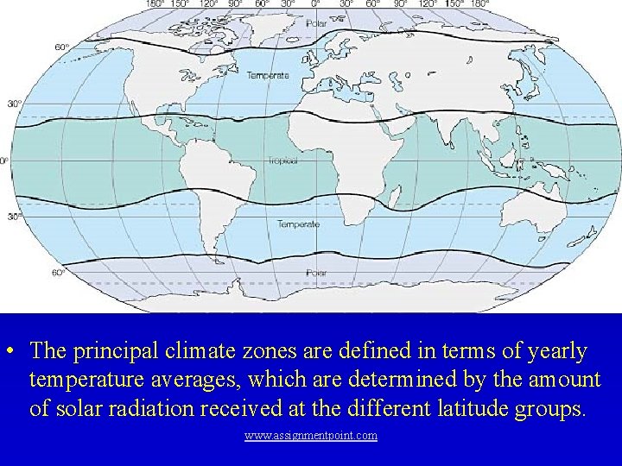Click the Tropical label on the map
click(282, 161)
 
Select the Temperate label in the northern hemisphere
click(269, 75)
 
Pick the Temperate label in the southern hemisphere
click(298, 224)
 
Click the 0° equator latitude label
click(4, 161)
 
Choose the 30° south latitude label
click(15, 217)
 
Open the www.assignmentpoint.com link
click(311, 436)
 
